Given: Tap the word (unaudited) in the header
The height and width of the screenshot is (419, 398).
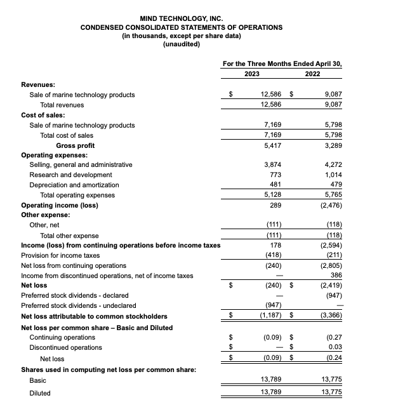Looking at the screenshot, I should point(182,44).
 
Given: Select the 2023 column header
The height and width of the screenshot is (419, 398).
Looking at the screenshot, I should point(252,74).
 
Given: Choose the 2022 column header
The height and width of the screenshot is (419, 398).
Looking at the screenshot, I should point(312,74).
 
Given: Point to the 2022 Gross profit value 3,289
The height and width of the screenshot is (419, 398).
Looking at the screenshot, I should point(333,145).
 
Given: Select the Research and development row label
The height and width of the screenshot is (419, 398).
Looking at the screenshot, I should point(70,175).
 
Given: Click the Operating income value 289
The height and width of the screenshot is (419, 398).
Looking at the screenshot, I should point(275,205).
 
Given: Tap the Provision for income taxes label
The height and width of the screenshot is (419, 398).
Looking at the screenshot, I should point(60,255).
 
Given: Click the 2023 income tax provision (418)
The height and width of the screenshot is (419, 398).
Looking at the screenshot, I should point(272,255).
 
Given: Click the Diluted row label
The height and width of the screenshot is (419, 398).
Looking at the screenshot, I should point(40,393).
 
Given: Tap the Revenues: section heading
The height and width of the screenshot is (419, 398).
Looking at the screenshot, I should point(38,84).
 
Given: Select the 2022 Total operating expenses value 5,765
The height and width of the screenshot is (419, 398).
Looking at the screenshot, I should point(333,195).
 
